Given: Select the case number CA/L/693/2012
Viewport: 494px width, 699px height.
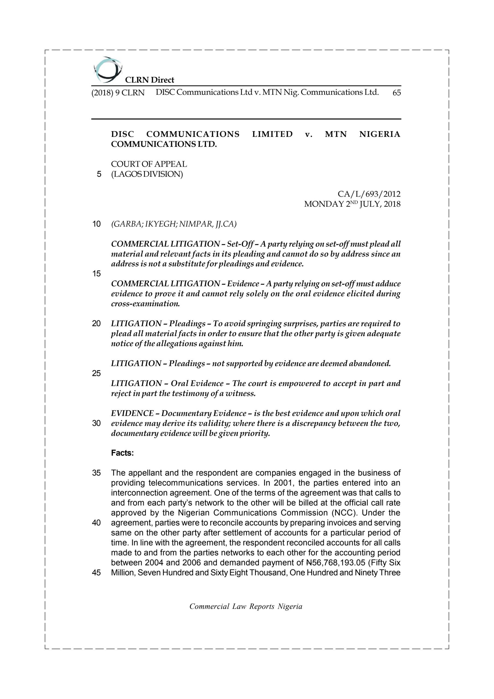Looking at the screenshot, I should tap(369, 194).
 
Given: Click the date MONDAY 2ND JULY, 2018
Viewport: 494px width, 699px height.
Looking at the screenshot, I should tap(352, 204).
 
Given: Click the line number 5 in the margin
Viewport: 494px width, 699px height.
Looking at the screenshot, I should tap(99, 174).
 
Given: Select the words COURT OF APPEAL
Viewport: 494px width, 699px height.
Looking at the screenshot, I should tap(149, 164).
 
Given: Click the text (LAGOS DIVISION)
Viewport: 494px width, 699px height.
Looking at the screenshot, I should tap(147, 174).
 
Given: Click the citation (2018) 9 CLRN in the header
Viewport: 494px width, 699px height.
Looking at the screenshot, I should tap(118, 93).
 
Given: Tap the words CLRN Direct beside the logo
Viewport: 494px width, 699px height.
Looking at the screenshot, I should tap(150, 80).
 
